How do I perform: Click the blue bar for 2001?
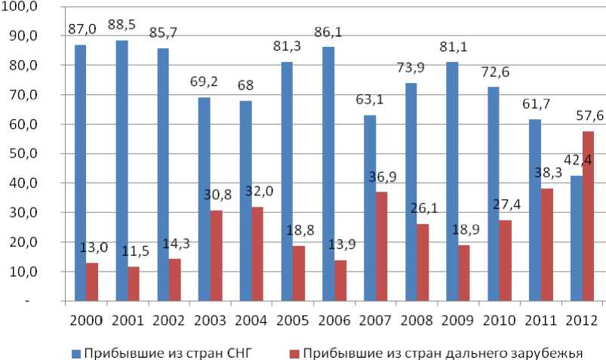122,171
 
